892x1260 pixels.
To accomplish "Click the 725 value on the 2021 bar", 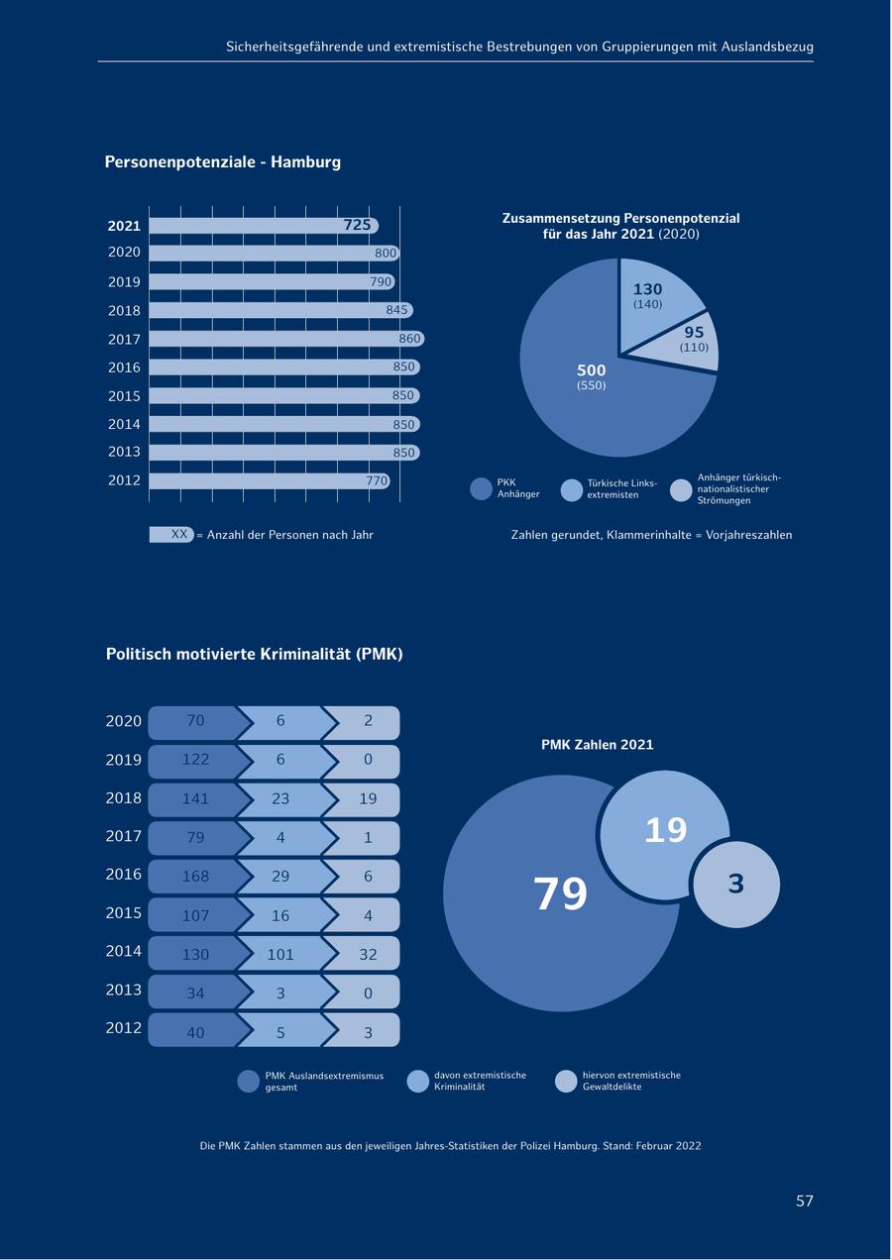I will pos(357,226).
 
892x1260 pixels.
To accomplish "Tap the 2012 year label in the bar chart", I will pos(124,480).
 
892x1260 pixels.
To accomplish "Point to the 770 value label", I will pos(377,481).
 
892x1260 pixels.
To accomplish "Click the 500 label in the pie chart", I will pos(591,370).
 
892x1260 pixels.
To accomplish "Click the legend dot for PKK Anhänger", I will pos(481,488).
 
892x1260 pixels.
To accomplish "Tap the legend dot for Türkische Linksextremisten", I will pos(572,489).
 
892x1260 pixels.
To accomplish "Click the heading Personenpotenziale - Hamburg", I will pos(222,161).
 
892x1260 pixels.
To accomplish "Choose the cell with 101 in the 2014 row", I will pos(280,955).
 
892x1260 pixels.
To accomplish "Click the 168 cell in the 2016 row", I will pos(195,877).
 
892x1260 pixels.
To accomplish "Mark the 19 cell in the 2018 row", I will pos(368,799).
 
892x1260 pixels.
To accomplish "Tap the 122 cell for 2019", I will pos(195,760).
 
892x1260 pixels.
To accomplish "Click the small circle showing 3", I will pos(736,884).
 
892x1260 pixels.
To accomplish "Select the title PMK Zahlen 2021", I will pos(597,745).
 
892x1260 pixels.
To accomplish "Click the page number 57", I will pos(804,1201).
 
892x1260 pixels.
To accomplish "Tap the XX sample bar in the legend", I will pos(171,534).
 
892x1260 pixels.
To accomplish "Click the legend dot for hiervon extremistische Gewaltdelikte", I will pos(566,1081).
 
